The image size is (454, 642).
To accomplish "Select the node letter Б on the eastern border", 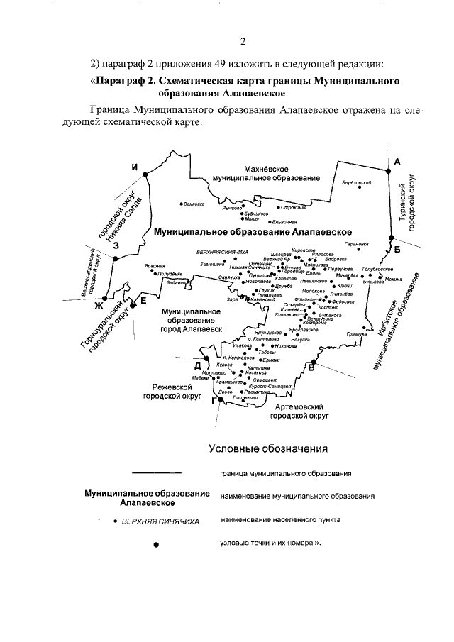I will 397,248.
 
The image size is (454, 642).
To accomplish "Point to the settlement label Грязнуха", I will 357,333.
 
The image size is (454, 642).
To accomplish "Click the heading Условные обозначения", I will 268,448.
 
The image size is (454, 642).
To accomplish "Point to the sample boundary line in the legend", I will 157,472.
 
